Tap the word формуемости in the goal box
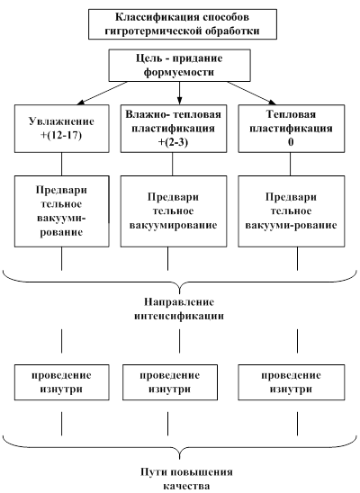coord(179,72)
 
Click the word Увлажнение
coord(61,121)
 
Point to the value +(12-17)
coord(61,136)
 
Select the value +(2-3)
coord(173,142)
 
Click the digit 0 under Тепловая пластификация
coord(291,142)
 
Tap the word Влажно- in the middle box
coord(144,114)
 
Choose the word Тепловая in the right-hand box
coord(291,114)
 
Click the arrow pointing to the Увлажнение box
coord(103,93)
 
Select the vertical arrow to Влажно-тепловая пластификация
coord(179,93)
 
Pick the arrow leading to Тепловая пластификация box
coord(251,93)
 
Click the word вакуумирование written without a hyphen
coord(173,226)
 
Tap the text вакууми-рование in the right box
coord(291,226)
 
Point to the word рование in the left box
coord(61,233)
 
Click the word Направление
coord(179,302)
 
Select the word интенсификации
coord(179,316)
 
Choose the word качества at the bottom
coord(186,486)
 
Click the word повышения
coord(203,472)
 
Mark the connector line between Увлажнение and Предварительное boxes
coord(61,164)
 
